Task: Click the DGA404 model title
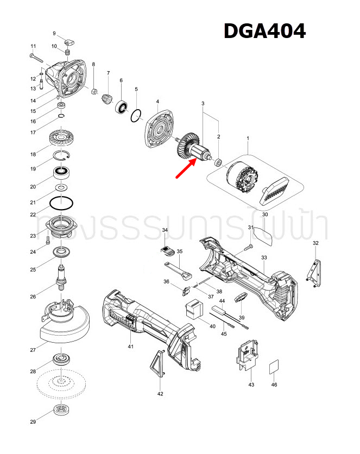click(264, 31)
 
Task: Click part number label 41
click(130, 346)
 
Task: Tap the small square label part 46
click(274, 367)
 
